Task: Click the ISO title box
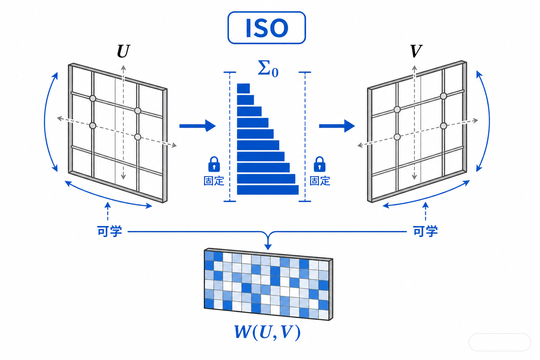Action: (x=266, y=28)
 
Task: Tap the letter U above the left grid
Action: (x=124, y=51)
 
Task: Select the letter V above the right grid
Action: (x=416, y=51)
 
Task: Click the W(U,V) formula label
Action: (x=267, y=333)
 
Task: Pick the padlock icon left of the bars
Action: (x=214, y=164)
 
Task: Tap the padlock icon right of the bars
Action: (x=320, y=164)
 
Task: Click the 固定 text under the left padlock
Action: (x=214, y=181)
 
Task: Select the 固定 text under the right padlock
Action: (x=320, y=181)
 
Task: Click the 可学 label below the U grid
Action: (x=109, y=231)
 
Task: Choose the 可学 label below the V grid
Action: (x=425, y=231)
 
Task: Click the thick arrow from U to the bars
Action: (x=198, y=126)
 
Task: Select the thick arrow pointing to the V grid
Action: (x=337, y=126)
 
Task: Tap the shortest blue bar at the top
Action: (x=243, y=89)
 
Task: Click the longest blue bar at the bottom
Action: (x=268, y=190)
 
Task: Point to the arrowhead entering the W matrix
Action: (x=268, y=247)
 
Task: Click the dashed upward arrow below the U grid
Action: (x=108, y=211)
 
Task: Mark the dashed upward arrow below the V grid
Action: (x=425, y=211)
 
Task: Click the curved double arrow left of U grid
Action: (x=45, y=122)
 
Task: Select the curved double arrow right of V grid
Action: (x=489, y=121)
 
